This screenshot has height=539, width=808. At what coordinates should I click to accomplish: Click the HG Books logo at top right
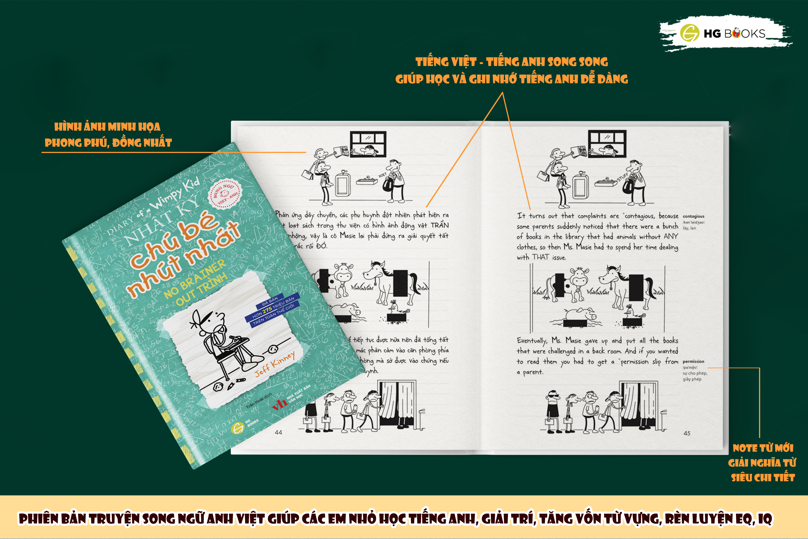(725, 33)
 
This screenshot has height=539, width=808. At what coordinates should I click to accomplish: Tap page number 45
(687, 433)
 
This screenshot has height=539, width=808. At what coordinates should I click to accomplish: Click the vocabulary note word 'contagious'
(693, 216)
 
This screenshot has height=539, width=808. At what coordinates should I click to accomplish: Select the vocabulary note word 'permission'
(693, 361)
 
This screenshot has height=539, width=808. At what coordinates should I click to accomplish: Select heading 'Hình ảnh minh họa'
(107, 127)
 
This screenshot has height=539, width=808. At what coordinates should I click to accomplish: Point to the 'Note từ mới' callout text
(763, 448)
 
